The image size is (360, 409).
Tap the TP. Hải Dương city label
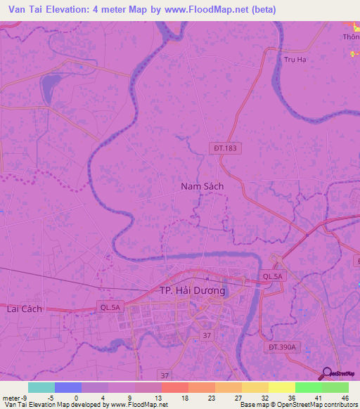[192, 290]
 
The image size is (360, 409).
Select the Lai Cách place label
[24, 309]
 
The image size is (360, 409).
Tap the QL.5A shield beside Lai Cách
[111, 306]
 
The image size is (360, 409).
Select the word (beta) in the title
[257, 10]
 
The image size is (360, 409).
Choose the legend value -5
[50, 397]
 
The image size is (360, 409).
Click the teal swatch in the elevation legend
[41, 387]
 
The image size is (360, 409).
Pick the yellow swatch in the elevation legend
[281, 387]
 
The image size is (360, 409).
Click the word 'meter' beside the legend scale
[11, 397]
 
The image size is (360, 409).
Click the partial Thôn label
[351, 37]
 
